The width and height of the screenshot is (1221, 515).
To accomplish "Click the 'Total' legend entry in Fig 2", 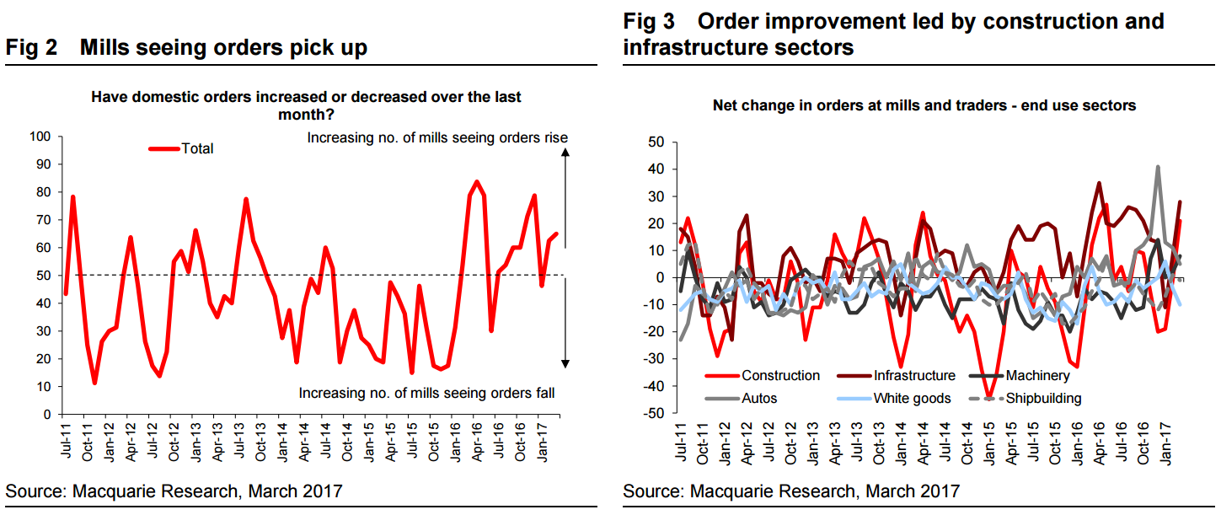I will click(197, 149).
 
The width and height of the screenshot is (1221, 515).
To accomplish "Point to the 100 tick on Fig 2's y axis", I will click(41, 137).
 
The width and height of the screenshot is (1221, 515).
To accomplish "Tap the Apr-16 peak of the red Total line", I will click(477, 181).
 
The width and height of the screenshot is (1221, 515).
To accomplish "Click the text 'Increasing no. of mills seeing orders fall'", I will click(426, 393).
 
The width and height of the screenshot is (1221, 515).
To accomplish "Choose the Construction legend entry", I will click(780, 376).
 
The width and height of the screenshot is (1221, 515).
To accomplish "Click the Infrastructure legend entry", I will click(914, 376).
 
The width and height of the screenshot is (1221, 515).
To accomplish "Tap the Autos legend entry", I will click(759, 398).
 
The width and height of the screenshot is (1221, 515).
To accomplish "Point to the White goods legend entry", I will click(912, 398).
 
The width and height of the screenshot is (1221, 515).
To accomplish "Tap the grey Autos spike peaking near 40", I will click(1159, 167).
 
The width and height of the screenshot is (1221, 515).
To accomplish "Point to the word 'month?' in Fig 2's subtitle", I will click(306, 115).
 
